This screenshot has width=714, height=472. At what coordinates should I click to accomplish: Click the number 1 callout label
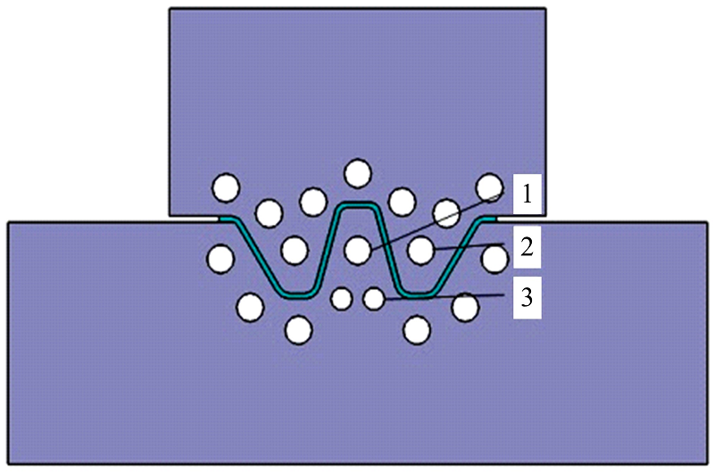pyautogui.click(x=527, y=194)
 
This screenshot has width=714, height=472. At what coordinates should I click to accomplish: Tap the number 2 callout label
pyautogui.click(x=527, y=247)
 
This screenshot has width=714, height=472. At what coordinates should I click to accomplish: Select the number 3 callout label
pyautogui.click(x=527, y=298)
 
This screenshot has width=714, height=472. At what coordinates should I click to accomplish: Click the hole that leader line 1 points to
pyautogui.click(x=358, y=250)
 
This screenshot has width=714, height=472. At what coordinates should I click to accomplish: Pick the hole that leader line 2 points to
pyautogui.click(x=420, y=251)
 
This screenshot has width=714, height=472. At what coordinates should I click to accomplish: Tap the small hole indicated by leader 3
pyautogui.click(x=374, y=299)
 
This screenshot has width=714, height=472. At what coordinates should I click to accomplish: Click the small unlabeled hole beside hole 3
pyautogui.click(x=342, y=299)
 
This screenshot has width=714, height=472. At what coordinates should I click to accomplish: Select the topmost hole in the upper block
pyautogui.click(x=358, y=173)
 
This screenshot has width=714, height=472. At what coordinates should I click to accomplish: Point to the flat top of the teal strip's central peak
pyautogui.click(x=358, y=206)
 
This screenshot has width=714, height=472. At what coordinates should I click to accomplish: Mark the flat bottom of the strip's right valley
pyautogui.click(x=419, y=295)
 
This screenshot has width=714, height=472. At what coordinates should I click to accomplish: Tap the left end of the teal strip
pyautogui.click(x=220, y=219)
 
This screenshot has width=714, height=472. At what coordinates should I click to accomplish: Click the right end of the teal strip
pyautogui.click(x=495, y=219)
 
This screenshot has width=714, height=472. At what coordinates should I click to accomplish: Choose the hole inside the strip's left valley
pyautogui.click(x=295, y=250)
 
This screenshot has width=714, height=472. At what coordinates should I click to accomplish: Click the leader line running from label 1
pyautogui.click(x=437, y=221)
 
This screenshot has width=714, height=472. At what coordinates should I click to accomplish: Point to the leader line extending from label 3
pyautogui.click(x=444, y=297)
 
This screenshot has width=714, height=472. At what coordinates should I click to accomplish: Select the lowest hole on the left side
pyautogui.click(x=298, y=330)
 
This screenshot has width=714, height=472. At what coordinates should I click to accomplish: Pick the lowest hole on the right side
pyautogui.click(x=417, y=330)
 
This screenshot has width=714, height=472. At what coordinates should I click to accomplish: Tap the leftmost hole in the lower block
pyautogui.click(x=220, y=259)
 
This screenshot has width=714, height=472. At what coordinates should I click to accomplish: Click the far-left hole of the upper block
pyautogui.click(x=227, y=187)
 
